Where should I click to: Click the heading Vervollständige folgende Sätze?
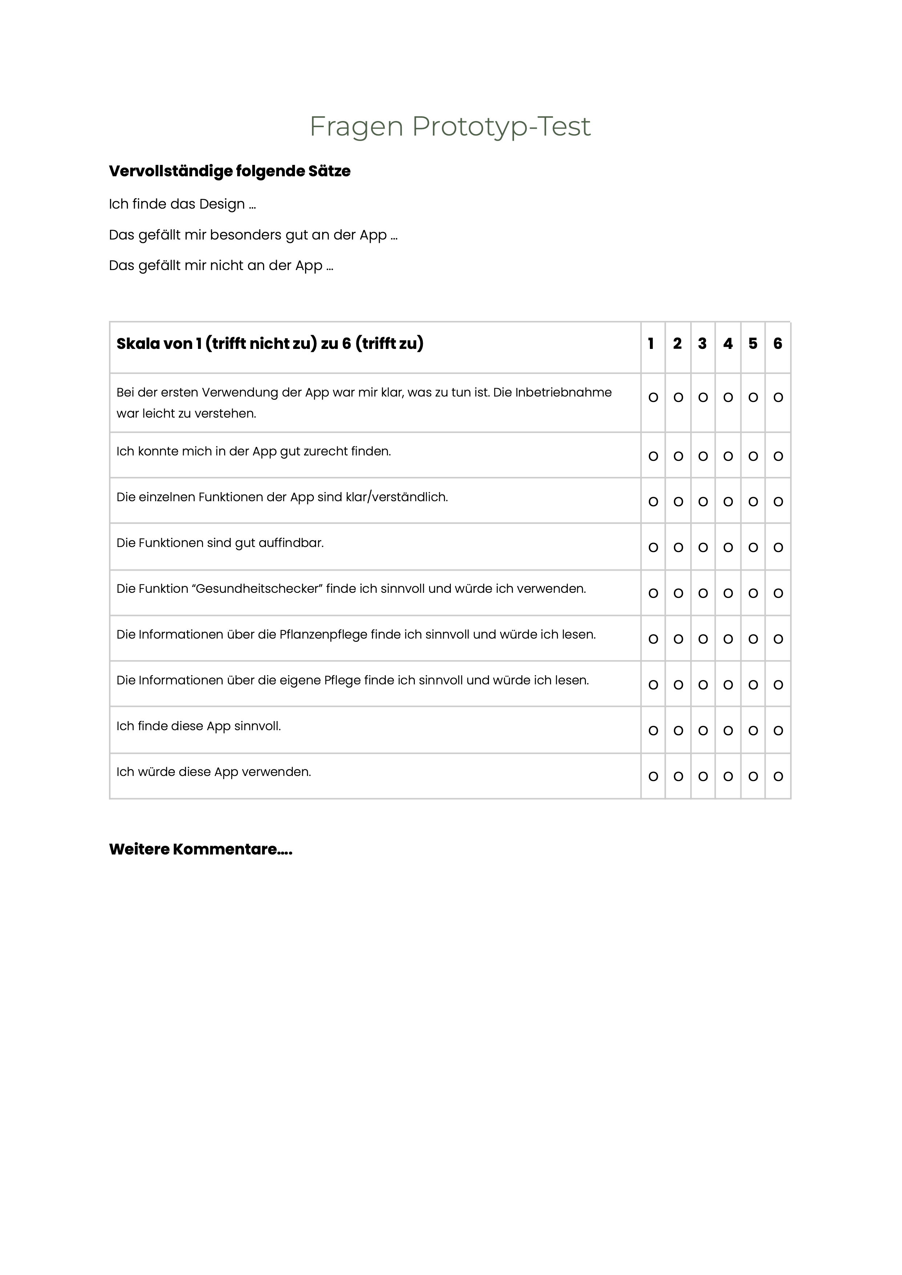229,171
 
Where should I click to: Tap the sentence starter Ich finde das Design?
182,205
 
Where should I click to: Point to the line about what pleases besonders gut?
253,235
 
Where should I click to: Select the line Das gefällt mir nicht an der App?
221,266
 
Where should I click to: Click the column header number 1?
651,344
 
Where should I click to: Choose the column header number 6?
778,344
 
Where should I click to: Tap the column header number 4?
728,344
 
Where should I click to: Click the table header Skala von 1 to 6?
270,344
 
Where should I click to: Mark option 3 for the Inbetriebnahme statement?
703,398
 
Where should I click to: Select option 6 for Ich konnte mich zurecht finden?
778,456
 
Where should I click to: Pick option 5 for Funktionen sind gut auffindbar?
753,548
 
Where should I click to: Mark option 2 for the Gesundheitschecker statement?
678,593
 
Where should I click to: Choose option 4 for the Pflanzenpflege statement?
728,639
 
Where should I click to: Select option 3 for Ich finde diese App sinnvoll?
703,731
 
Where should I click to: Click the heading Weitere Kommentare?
201,849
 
